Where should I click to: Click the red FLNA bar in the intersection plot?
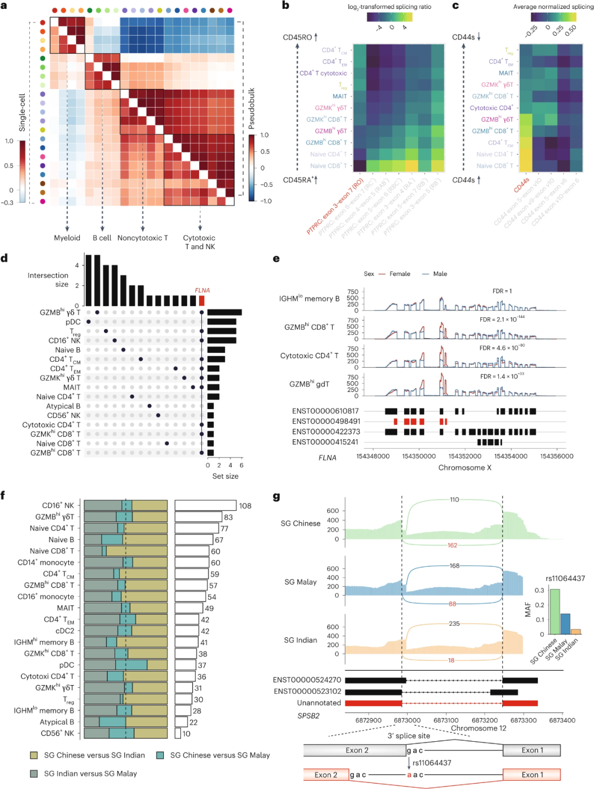click(x=201, y=300)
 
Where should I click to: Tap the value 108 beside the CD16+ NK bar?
click(x=245, y=506)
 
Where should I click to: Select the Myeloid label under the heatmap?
click(x=67, y=238)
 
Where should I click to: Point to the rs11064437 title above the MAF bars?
click(x=565, y=578)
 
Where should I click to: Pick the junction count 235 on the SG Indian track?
click(x=454, y=624)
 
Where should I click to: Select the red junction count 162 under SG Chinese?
click(x=452, y=545)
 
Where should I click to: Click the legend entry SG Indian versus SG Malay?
click(x=90, y=774)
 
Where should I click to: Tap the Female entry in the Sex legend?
click(x=399, y=274)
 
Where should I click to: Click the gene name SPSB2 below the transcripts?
click(x=308, y=716)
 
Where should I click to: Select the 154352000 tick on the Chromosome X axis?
click(x=465, y=456)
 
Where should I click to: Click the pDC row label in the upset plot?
click(x=73, y=322)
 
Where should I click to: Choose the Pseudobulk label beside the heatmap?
click(x=251, y=109)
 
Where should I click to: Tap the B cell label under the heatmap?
click(x=102, y=238)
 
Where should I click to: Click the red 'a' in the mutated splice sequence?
click(x=409, y=775)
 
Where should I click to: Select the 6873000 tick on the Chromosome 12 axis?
click(x=407, y=720)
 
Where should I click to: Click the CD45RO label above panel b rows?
click(x=298, y=37)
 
